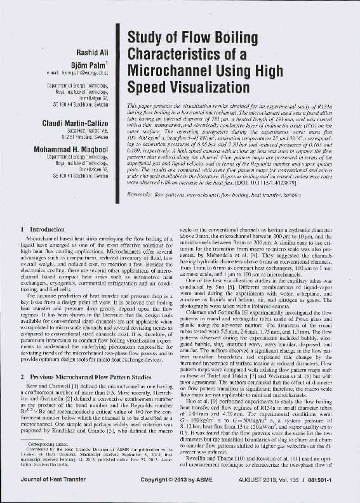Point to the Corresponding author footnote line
[48, 447]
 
